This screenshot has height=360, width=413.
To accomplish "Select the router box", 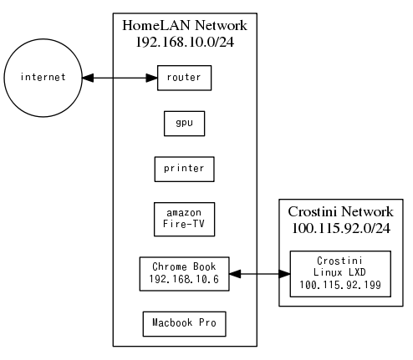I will click(x=185, y=78).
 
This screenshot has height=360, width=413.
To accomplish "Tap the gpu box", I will click(x=185, y=123).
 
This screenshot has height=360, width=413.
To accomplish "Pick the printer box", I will click(x=185, y=168).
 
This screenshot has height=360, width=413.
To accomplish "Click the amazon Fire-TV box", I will click(x=185, y=219).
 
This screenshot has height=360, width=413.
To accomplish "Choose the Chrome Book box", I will click(x=185, y=273).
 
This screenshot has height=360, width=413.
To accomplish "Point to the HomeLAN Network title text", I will click(x=185, y=25).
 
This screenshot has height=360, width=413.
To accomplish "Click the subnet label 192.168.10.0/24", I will click(x=185, y=41).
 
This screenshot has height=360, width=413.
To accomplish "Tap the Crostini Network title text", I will click(x=340, y=211).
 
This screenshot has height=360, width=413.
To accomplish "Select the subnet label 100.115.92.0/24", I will click(x=340, y=227).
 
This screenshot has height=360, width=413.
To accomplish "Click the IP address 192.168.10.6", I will click(x=185, y=280).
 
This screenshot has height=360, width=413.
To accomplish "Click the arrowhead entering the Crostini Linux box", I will click(x=284, y=273).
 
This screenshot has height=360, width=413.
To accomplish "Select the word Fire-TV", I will click(x=185, y=226).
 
